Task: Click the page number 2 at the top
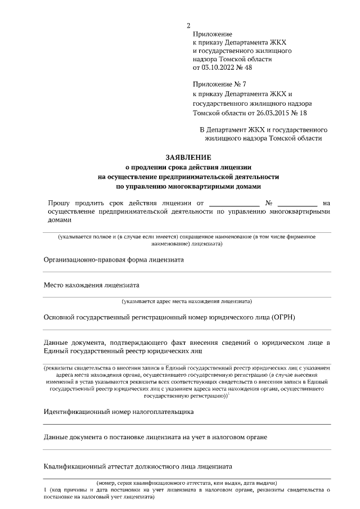[188, 25]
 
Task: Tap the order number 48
[248, 67]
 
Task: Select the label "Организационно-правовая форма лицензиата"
[114, 259]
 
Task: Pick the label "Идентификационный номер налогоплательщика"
[119, 412]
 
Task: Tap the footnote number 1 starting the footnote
[45, 490]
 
